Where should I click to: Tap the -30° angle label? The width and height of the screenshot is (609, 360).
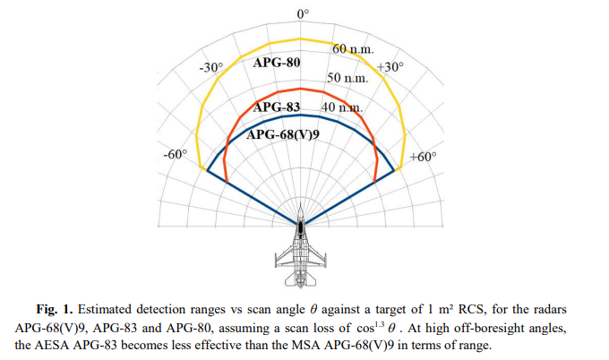210,67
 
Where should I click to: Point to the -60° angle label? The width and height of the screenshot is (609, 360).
175,154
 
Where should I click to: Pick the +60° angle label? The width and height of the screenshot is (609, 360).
422,157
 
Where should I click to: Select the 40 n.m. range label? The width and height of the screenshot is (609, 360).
340,107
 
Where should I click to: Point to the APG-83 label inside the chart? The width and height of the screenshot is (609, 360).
278,107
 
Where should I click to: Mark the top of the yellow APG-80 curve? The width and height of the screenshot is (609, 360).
303,39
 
